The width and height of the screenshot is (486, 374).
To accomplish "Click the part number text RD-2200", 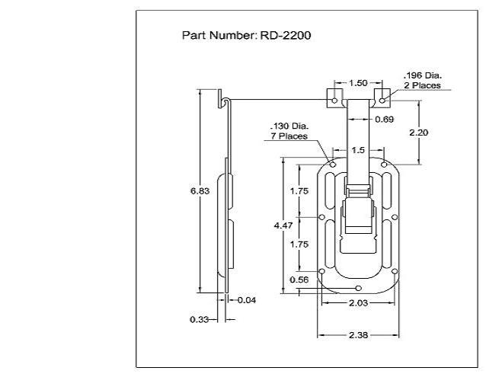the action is click(x=286, y=35).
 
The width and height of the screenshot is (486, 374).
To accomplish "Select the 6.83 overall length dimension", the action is click(x=200, y=191).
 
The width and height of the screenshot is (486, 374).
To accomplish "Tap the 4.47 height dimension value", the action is click(x=283, y=225).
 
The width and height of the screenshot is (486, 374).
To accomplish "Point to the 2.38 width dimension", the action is click(x=359, y=335).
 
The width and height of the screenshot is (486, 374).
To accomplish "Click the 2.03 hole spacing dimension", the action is click(x=359, y=302).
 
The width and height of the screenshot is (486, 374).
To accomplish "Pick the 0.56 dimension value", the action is click(x=299, y=280).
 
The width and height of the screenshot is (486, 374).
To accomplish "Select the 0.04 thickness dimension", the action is click(x=247, y=300).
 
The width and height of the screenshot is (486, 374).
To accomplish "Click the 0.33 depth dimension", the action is click(x=199, y=319).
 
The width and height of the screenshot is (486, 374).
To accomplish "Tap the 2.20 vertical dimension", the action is click(x=419, y=133).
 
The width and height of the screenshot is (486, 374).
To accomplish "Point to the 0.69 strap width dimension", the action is click(x=385, y=120).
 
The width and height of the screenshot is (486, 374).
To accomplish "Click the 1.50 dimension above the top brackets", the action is click(x=358, y=83).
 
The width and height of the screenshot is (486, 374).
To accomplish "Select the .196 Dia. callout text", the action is click(x=423, y=75).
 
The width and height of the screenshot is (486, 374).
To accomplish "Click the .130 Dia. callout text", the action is click(x=289, y=126).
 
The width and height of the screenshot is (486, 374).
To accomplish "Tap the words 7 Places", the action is click(x=289, y=136).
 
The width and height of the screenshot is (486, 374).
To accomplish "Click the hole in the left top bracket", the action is click(x=334, y=101).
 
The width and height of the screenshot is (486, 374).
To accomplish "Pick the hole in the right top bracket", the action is click(x=382, y=101).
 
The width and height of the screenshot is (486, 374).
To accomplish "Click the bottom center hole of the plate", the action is click(x=358, y=289).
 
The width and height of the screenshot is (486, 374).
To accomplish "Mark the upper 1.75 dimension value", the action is click(x=299, y=191).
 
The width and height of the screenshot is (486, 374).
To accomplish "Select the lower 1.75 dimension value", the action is click(x=299, y=245).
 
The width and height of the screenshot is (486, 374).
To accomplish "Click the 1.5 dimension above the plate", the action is click(x=358, y=150).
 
